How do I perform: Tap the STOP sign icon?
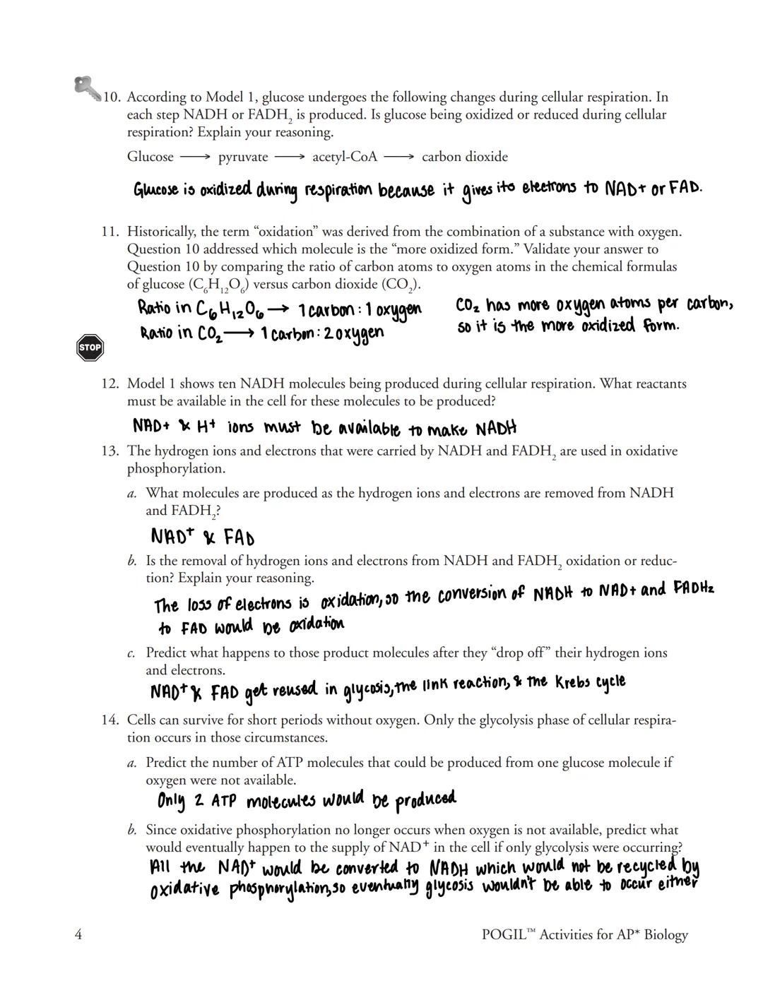coord(90,347)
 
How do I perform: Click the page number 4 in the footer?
coord(78,934)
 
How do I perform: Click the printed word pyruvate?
coord(243,157)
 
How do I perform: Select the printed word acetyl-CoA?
coord(345,157)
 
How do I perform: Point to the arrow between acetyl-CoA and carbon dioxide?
coord(399,157)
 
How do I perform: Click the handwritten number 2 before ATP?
coord(199,801)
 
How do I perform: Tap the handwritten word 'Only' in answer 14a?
coord(171,802)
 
